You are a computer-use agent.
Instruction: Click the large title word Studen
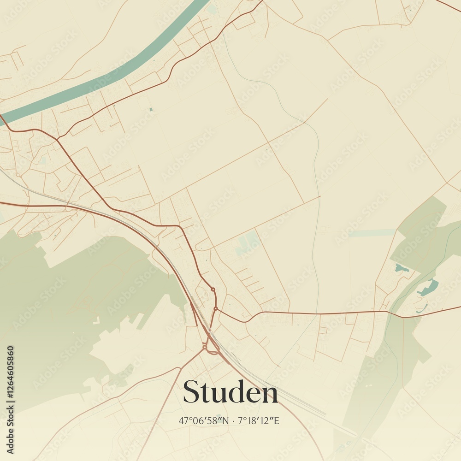[x=230, y=393]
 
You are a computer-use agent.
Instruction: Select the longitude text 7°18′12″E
[x=260, y=420]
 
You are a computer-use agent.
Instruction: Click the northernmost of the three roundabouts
[x=213, y=290]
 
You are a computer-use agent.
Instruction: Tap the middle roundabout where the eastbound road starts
[x=215, y=308]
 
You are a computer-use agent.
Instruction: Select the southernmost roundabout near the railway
[x=204, y=346]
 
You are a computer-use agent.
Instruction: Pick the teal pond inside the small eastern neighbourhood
[x=401, y=268]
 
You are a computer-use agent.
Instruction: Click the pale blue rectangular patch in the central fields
[x=248, y=243]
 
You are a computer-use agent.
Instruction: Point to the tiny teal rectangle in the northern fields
[x=151, y=109]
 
